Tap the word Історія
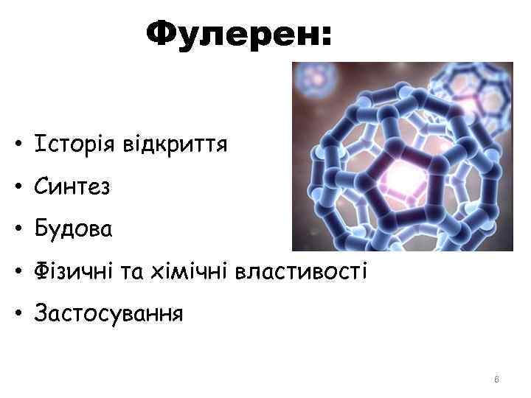(x=64, y=144)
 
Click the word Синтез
(x=71, y=187)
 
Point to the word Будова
(x=72, y=231)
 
